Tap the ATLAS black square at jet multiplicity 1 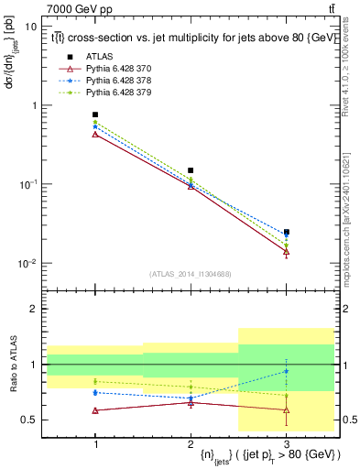click(x=95, y=115)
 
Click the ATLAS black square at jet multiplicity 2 click(x=191, y=170)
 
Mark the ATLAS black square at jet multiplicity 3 click(x=286, y=232)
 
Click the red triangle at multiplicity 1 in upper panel click(x=95, y=135)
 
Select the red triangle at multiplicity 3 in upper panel click(x=286, y=251)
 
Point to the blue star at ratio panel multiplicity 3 click(x=286, y=371)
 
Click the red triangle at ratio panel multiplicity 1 click(x=95, y=410)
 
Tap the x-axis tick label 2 click(x=191, y=443)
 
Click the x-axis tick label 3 click(x=286, y=443)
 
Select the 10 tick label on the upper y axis click(x=30, y=27)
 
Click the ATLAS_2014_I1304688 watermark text click(x=191, y=274)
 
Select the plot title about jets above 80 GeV click(x=183, y=38)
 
